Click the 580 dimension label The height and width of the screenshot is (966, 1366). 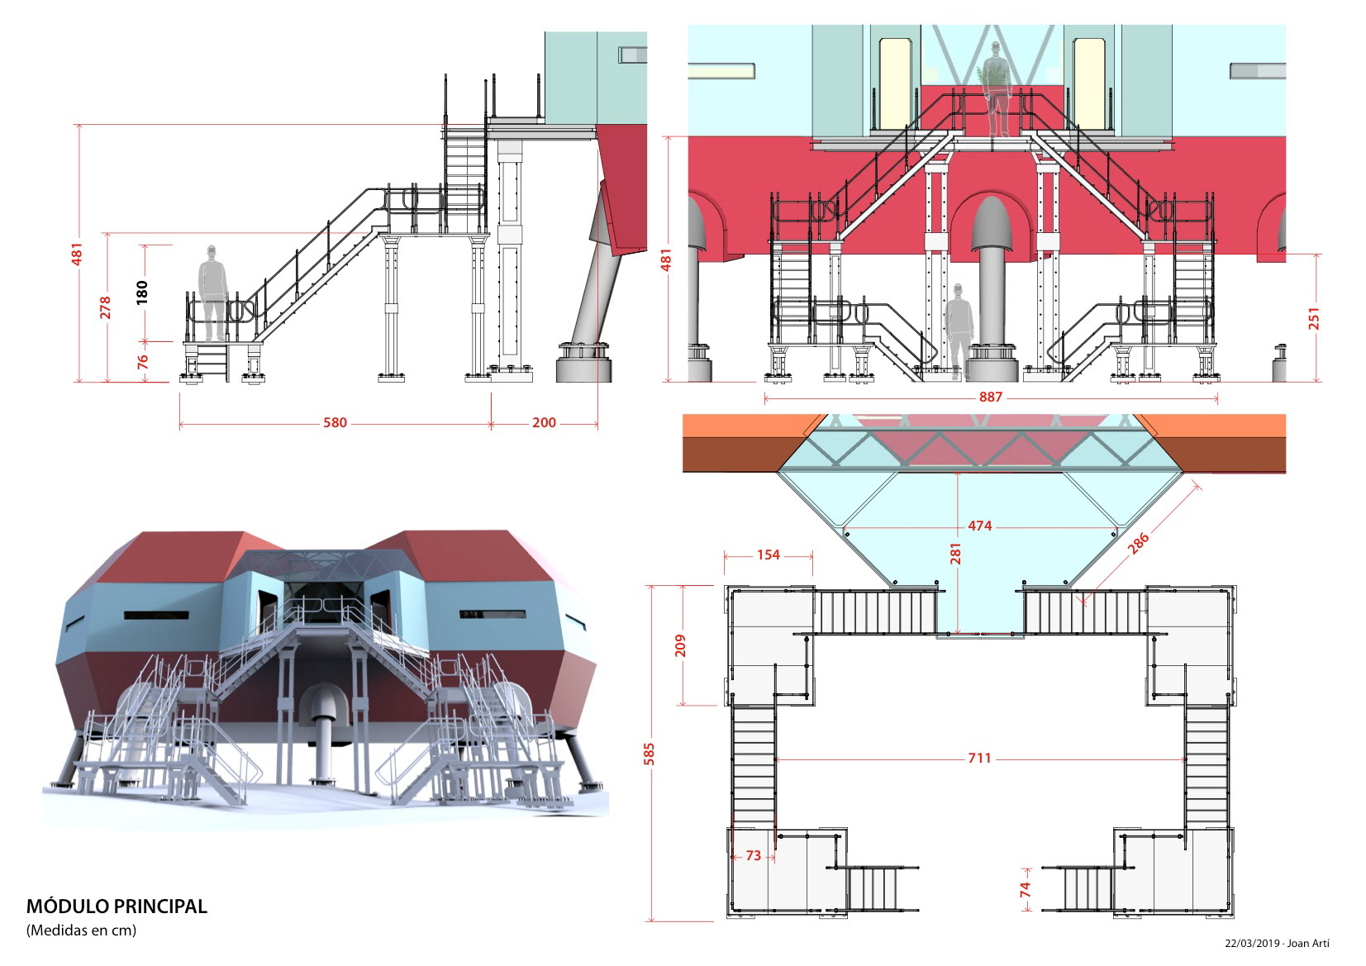[335, 423]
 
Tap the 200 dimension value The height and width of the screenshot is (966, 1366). [544, 423]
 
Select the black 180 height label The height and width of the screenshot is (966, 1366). [143, 292]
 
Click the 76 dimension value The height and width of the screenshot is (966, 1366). [143, 362]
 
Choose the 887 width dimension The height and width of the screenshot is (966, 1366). [990, 397]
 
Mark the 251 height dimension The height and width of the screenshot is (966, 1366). [1314, 318]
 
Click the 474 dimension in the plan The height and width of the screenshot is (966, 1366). [979, 526]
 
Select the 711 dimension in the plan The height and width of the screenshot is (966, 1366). [979, 758]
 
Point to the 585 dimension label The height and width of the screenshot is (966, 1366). [650, 754]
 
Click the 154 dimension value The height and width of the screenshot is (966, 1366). [769, 554]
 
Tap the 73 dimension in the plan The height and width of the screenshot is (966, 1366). [753, 856]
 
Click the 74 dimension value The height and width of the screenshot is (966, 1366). [1026, 889]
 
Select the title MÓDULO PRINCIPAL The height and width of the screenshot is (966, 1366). [117, 907]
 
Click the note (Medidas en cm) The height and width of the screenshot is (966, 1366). [81, 930]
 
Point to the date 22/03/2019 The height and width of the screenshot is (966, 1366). [1252, 944]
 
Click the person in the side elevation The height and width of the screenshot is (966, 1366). [213, 293]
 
